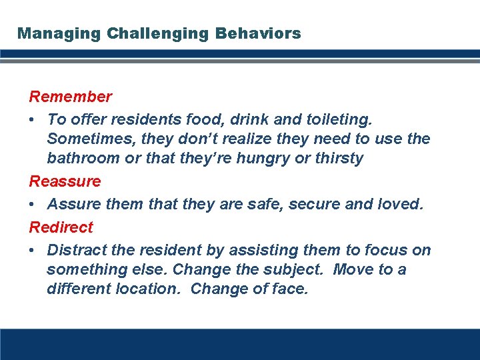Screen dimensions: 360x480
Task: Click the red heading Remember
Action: [x=70, y=97]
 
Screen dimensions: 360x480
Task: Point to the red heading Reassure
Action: [x=65, y=181]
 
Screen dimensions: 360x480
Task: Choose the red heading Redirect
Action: [x=61, y=227]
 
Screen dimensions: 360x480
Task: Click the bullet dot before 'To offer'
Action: [x=33, y=120]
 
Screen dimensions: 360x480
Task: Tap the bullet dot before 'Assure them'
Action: [x=33, y=205]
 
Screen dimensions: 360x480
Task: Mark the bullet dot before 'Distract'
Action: [x=33, y=251]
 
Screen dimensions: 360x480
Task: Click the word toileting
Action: [x=339, y=120]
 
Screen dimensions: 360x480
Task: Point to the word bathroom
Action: [x=85, y=159]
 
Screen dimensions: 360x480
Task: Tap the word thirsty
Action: [x=339, y=159]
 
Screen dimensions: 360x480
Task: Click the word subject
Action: [x=296, y=270]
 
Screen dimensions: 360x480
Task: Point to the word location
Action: [x=151, y=289]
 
